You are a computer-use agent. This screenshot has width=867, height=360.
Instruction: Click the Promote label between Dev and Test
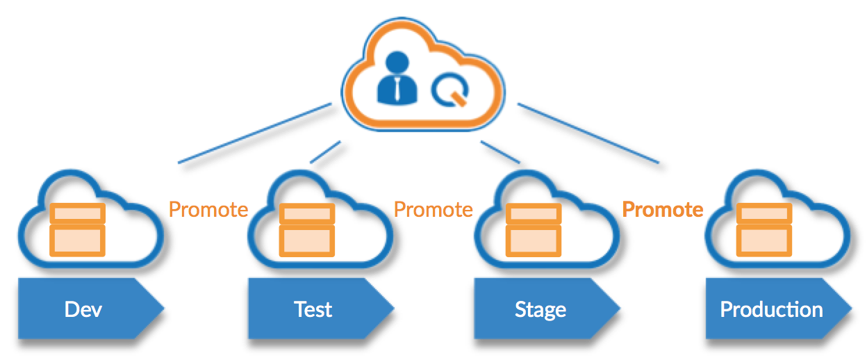[x=208, y=209]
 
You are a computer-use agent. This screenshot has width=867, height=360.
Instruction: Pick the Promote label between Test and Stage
[x=433, y=209]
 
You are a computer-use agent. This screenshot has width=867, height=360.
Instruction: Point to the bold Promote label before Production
[x=663, y=209]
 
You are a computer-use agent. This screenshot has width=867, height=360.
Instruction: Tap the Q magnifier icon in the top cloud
[x=448, y=90]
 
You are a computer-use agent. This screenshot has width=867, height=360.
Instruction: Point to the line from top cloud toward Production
[x=588, y=133]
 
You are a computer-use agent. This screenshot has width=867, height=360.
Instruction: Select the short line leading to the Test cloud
[x=326, y=152]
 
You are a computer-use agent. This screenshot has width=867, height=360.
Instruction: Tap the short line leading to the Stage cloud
[x=500, y=152]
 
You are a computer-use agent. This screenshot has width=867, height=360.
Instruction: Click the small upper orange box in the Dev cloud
[x=77, y=212]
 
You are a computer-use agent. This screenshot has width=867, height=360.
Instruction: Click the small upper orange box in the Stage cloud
[x=534, y=213]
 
